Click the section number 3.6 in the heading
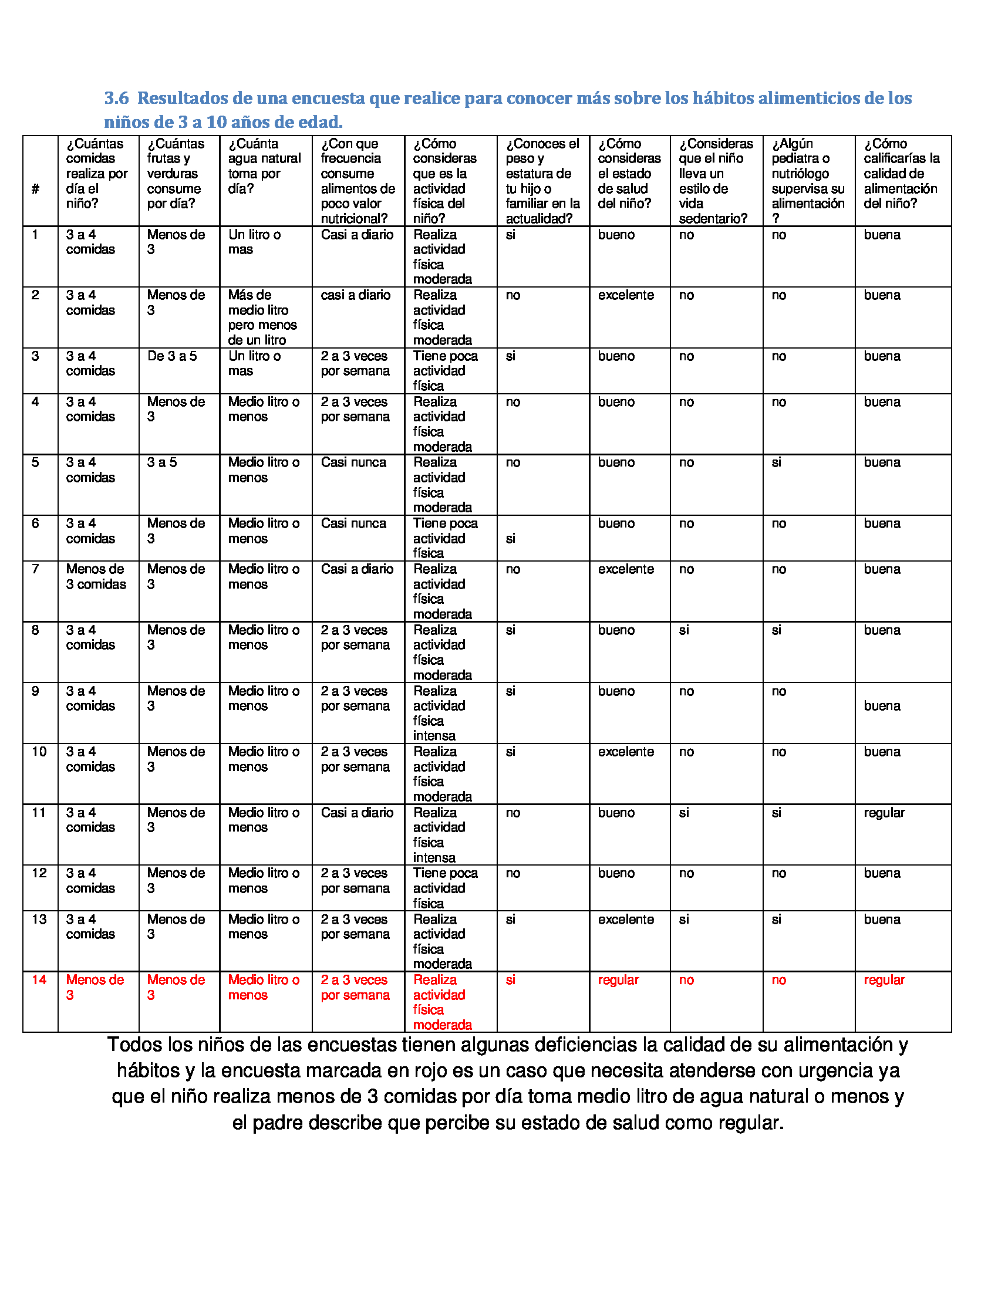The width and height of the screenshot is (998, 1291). click(116, 98)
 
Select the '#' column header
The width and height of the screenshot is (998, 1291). click(35, 189)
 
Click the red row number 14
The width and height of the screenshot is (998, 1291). click(39, 980)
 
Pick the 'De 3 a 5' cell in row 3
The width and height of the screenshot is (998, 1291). click(172, 356)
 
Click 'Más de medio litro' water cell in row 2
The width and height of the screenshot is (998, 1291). click(262, 317)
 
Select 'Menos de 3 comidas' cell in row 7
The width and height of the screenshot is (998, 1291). click(96, 577)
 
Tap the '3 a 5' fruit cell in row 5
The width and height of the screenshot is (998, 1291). click(162, 463)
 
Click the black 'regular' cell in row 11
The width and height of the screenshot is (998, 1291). click(884, 813)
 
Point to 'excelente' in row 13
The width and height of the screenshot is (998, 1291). click(626, 920)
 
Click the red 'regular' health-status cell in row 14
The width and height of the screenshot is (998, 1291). click(618, 980)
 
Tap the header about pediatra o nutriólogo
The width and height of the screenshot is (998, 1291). click(808, 180)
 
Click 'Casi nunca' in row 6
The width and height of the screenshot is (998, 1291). click(353, 523)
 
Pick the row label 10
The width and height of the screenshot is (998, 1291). click(39, 752)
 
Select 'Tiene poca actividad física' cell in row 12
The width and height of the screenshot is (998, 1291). click(444, 888)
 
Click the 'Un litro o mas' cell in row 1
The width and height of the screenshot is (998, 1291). click(254, 242)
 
